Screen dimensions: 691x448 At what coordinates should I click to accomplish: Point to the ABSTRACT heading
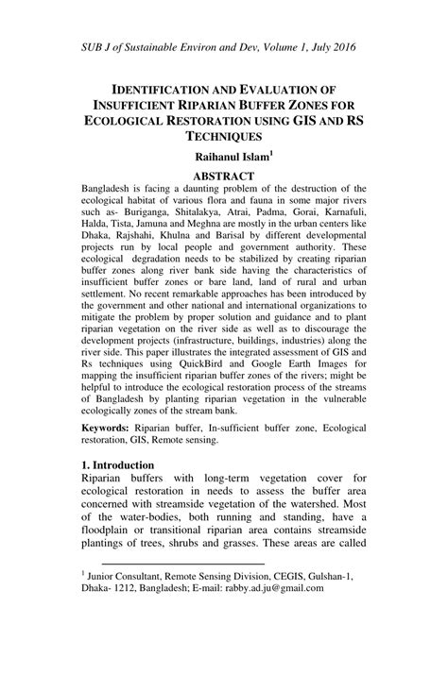[223, 177]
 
